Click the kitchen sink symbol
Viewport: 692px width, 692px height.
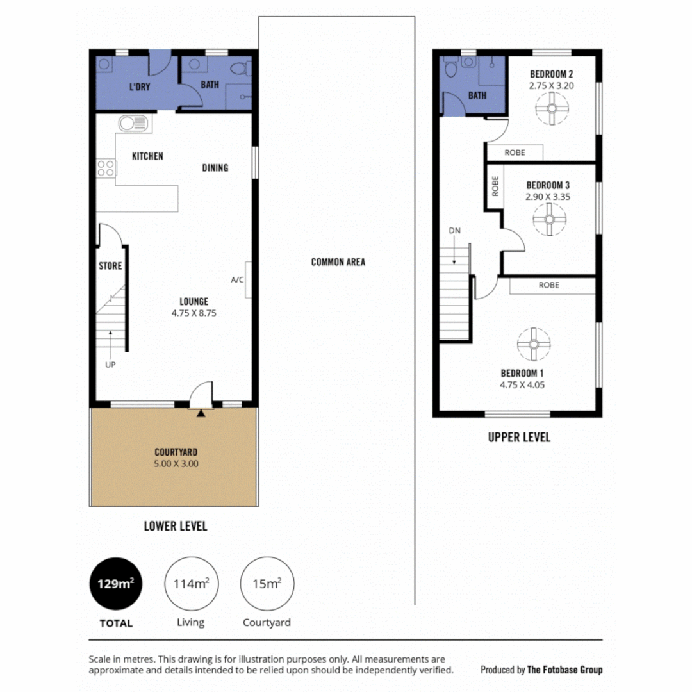133,124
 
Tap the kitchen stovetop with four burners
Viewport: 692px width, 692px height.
106,169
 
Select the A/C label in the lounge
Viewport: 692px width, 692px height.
238,280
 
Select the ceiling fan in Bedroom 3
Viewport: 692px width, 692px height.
549,220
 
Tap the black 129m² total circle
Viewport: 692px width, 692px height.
116,583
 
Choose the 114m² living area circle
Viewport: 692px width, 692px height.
190,583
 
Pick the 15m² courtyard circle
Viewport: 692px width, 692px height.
266,583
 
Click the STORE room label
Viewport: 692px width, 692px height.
110,266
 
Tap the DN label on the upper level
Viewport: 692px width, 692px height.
454,230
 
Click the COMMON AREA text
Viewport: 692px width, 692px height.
338,262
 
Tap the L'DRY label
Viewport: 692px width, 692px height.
139,86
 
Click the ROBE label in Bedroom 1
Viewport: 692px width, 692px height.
548,285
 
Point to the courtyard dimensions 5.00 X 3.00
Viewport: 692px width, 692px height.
175,463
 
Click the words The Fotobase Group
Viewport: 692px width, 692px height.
564,670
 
